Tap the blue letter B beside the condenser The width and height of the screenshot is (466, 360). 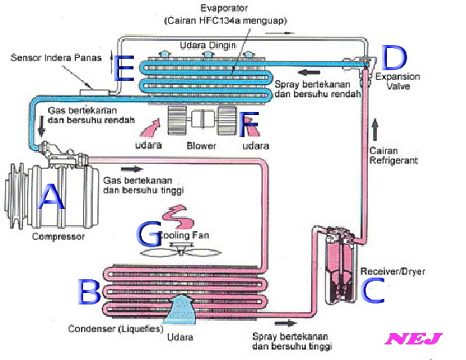tap(89, 292)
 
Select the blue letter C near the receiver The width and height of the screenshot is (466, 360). tap(373, 291)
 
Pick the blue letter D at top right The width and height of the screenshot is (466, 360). tap(394, 57)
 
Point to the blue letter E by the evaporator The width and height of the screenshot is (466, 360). tap(123, 68)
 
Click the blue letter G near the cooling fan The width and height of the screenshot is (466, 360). tap(149, 234)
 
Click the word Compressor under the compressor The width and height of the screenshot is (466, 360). tap(58, 237)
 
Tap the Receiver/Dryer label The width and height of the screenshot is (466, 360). tap(393, 271)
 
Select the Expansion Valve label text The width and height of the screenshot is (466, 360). tap(397, 81)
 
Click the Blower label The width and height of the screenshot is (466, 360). tap(201, 145)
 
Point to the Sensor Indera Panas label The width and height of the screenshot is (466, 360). tap(56, 58)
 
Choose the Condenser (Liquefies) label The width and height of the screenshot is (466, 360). tap(116, 329)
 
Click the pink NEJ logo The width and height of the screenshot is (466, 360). tap(414, 338)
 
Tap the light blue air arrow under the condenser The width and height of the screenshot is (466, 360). tap(180, 309)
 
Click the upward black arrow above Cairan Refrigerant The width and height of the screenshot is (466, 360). tap(375, 130)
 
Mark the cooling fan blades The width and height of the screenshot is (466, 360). tap(180, 252)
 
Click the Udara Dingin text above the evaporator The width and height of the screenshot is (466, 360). tap(208, 46)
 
